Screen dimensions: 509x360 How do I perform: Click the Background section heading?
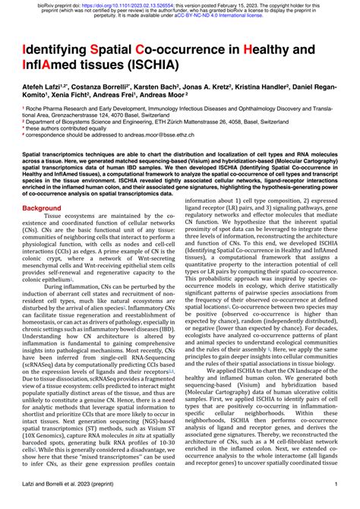[x=46, y=207]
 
